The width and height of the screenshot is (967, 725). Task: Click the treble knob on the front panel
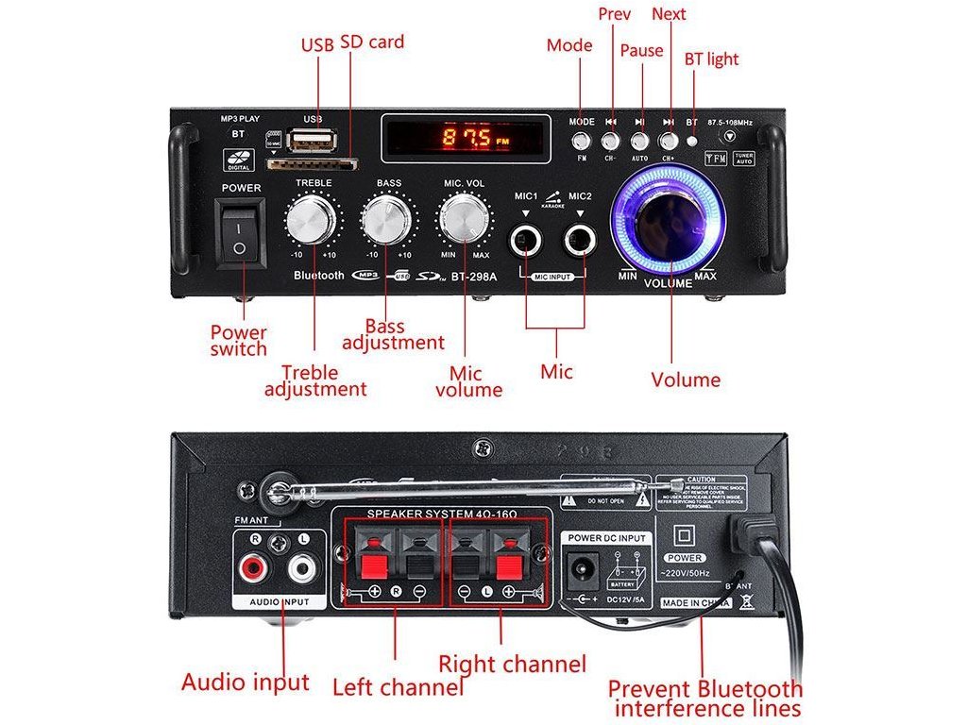tap(312, 220)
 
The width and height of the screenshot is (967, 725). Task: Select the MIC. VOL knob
tap(464, 220)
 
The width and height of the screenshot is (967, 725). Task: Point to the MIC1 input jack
tap(525, 242)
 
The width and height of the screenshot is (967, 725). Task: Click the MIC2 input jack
tap(580, 242)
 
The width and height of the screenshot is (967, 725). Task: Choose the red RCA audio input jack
tap(254, 568)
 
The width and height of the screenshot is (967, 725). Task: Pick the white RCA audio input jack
tap(301, 568)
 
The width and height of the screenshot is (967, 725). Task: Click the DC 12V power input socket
tap(579, 569)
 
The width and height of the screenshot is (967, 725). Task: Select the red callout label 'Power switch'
tap(239, 341)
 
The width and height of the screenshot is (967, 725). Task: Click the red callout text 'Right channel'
tap(512, 664)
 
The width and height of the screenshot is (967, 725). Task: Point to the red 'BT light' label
tap(711, 59)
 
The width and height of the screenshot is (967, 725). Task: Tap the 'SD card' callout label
tap(372, 42)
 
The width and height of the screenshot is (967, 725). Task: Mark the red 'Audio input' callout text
tap(246, 683)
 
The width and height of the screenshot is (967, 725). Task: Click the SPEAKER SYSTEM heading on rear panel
tap(438, 514)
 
